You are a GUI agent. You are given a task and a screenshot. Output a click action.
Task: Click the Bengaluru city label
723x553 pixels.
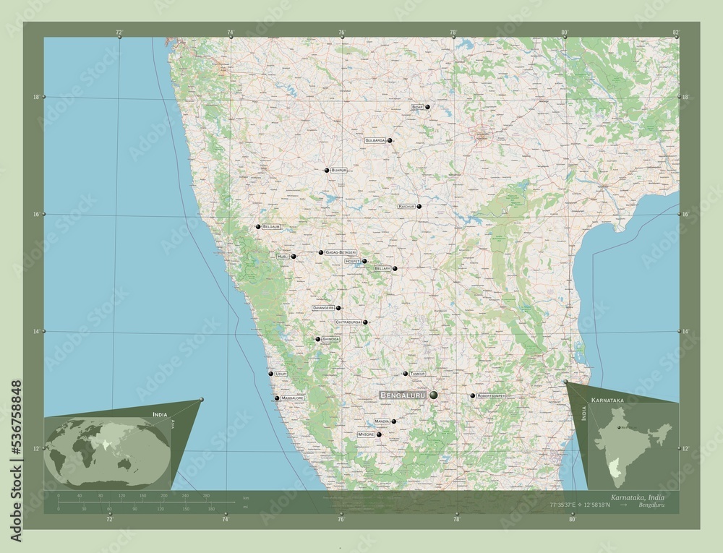coord(402,395)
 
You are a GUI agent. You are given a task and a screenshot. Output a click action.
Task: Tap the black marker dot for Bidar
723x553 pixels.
coord(427,107)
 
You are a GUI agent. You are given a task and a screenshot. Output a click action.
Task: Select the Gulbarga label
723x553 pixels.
coord(375,140)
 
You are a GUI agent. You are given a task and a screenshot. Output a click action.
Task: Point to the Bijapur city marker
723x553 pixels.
coord(327,171)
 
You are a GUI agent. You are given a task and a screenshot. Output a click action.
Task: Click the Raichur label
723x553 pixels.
coord(406,206)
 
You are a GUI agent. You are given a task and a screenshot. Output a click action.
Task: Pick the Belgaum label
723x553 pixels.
coord(271,227)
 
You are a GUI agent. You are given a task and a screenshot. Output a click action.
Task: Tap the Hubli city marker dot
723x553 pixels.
coord(294,257)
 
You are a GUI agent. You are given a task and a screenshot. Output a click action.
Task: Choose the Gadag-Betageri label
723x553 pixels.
coord(341,252)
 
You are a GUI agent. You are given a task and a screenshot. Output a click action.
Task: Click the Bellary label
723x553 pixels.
coord(382,268)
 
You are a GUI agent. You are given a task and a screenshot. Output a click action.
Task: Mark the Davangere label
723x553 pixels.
coord(323,308)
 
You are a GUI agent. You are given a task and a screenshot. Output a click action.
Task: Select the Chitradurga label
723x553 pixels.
coord(348,322)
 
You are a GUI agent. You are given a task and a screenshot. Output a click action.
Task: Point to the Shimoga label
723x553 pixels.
coord(330,339)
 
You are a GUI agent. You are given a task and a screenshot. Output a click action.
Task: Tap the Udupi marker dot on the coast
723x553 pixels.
coord(271,374)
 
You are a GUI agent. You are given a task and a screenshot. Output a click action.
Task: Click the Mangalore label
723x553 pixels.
coord(293,398)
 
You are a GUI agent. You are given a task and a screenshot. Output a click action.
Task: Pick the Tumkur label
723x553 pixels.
coord(417,374)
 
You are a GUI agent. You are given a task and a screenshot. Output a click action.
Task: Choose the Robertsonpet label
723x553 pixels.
coord(490,396)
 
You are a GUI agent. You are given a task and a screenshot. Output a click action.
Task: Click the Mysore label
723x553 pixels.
coord(367,434)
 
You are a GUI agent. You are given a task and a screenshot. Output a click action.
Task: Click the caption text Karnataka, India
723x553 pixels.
coord(637,498)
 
